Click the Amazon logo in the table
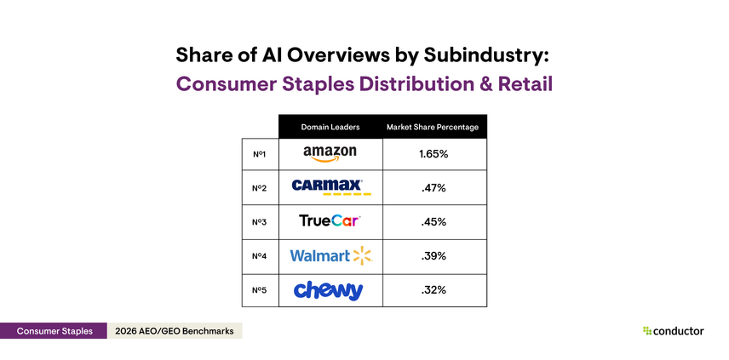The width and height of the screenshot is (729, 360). click(330, 154)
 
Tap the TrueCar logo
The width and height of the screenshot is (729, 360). click(330, 221)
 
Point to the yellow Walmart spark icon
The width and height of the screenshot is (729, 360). click(362, 255)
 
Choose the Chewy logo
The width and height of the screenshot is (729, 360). click(330, 290)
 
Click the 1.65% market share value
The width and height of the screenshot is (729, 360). click(433, 154)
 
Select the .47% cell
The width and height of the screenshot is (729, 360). click(433, 188)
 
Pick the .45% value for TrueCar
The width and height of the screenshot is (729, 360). click(433, 222)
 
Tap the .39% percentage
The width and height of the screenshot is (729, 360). click(433, 256)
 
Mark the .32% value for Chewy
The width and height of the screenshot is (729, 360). click(433, 290)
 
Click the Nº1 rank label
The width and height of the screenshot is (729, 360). click(260, 154)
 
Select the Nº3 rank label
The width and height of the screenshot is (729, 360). click(260, 222)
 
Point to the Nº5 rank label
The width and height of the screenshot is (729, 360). click(260, 290)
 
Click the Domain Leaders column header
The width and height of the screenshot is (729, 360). click(330, 127)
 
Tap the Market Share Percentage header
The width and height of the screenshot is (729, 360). click(433, 127)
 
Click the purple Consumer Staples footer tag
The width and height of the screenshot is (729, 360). click(53, 331)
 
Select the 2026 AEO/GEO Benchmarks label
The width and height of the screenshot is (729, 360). click(174, 331)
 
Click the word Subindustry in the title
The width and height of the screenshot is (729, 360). click(482, 54)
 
